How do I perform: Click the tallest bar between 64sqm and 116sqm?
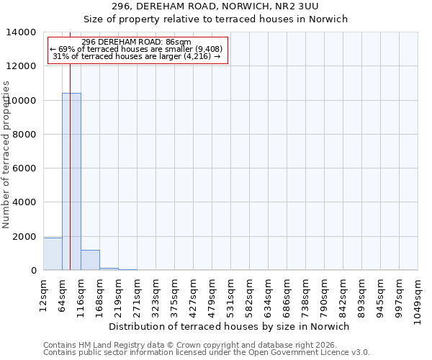tap(71, 181)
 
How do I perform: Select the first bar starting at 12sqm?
tap(53, 254)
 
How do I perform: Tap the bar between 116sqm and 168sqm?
tap(90, 260)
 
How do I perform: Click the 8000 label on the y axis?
tap(28, 135)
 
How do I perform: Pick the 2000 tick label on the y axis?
tap(28, 237)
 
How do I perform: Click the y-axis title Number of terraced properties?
tap(6, 154)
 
